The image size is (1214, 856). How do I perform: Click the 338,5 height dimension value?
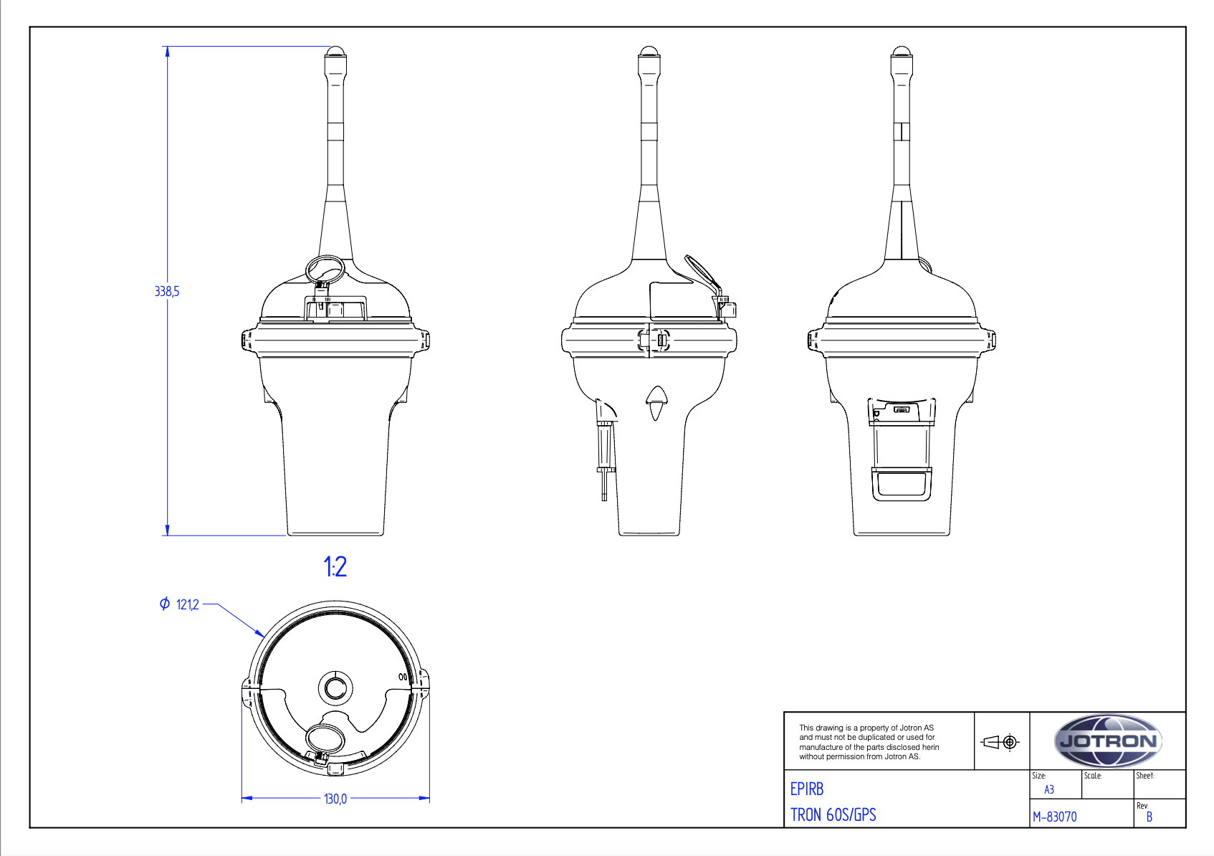[167, 291]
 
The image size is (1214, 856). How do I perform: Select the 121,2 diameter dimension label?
[187, 605]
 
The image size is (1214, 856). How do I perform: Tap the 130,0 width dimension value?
[335, 799]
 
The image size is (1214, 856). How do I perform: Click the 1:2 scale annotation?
[335, 567]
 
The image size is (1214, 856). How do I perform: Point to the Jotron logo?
[1107, 741]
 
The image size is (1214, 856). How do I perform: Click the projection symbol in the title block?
[1000, 742]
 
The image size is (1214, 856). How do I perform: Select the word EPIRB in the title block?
[806, 789]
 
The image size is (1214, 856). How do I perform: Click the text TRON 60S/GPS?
[833, 815]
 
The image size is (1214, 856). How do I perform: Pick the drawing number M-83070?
[1054, 817]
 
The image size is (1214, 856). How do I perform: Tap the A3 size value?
[1048, 790]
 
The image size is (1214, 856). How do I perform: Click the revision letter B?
[1149, 817]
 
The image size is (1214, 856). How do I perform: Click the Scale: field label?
[1093, 776]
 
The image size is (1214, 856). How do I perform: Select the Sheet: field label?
[1144, 776]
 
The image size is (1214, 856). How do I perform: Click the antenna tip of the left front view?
[335, 52]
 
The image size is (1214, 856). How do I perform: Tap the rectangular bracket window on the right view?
[902, 483]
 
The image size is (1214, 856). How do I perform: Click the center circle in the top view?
[335, 688]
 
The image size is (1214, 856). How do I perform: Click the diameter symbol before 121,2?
[165, 604]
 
